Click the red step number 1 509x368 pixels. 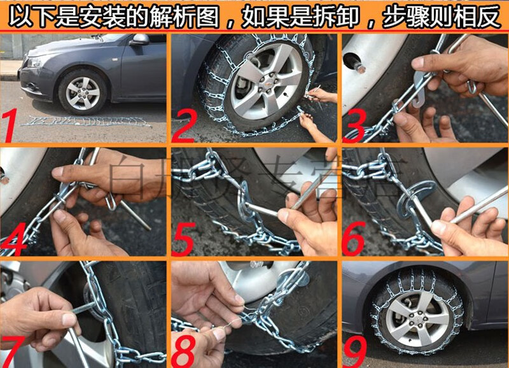14,126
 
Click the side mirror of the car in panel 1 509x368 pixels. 139,39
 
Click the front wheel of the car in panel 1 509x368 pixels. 82,92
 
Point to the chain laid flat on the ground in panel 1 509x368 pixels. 86,121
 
